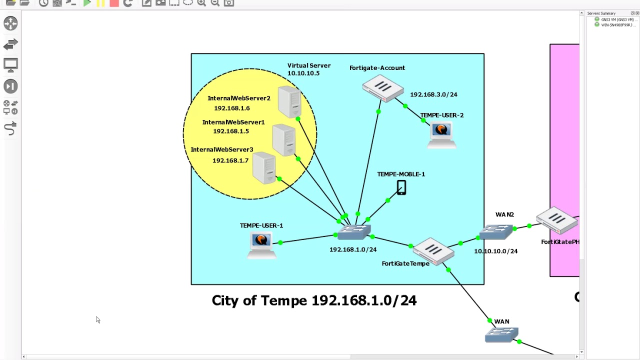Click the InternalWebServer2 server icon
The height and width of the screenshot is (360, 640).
pyautogui.click(x=289, y=102)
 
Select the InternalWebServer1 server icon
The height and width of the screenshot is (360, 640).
pyautogui.click(x=284, y=140)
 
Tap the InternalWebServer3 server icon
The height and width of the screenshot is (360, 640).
pyautogui.click(x=264, y=168)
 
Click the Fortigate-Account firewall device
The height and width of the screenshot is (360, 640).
pyautogui.click(x=382, y=88)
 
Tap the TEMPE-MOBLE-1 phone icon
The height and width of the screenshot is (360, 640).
pyautogui.click(x=401, y=188)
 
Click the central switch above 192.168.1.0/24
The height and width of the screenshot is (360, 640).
pyautogui.click(x=354, y=232)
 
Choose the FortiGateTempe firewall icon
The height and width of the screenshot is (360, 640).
pyautogui.click(x=433, y=250)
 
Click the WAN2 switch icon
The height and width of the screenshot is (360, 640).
pyautogui.click(x=496, y=232)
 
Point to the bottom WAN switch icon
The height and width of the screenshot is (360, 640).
pyautogui.click(x=501, y=334)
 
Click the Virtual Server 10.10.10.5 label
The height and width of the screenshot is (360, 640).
pyautogui.click(x=308, y=69)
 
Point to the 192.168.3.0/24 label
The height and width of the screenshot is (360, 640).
pyautogui.click(x=433, y=94)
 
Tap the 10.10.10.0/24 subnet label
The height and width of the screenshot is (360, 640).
pyautogui.click(x=495, y=251)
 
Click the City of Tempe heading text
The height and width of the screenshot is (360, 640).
pyautogui.click(x=314, y=300)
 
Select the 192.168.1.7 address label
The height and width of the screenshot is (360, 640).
pyautogui.click(x=230, y=160)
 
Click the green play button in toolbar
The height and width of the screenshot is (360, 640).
pyautogui.click(x=87, y=3)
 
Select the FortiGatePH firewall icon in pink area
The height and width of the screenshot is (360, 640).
pyautogui.click(x=556, y=220)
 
